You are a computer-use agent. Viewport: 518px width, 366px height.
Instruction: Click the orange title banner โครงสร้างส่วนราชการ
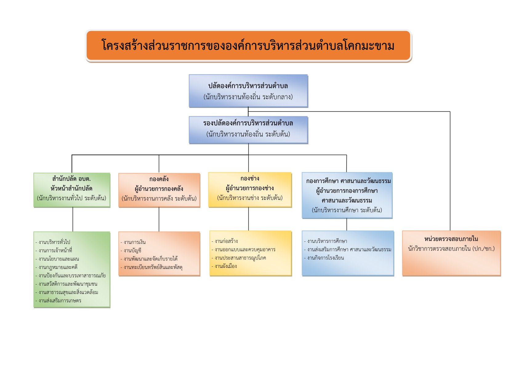coord(248,46)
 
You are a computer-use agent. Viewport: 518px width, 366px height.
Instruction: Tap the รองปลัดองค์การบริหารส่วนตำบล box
coord(248,129)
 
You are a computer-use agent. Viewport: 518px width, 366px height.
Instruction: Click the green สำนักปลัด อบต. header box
coord(72,189)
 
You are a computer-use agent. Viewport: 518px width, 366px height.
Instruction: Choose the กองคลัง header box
coord(159,190)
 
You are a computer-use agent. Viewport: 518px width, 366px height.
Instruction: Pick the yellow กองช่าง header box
coord(250,189)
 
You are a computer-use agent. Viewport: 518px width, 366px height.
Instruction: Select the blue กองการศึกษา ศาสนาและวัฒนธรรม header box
coord(347,195)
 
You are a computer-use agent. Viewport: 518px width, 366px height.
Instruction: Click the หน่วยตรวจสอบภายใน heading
coord(451,239)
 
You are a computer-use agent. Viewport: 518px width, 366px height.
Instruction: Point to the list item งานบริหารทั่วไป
coord(54,242)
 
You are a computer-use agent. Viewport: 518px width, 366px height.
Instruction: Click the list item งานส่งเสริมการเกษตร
coord(60,300)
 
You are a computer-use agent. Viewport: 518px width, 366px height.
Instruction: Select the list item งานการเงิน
coord(135,242)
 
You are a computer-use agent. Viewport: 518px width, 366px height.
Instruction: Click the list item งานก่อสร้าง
coord(226,241)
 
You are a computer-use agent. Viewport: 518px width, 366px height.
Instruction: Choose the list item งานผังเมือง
coord(226,266)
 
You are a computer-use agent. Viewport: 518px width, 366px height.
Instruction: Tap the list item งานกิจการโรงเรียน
coord(325,258)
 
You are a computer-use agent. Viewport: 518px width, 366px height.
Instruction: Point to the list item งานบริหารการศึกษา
coord(327,241)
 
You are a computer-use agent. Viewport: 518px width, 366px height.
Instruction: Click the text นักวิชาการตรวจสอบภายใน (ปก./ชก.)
coord(451,249)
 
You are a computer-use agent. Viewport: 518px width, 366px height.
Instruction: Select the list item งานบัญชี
coord(132,250)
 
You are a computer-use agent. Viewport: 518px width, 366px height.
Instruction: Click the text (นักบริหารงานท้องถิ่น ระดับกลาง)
coord(248,97)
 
